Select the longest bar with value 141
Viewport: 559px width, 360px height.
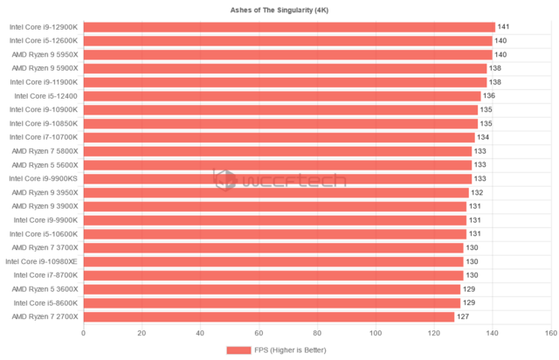coord(289,27)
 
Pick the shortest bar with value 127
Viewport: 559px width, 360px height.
coord(269,316)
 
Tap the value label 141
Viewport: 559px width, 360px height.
coord(502,27)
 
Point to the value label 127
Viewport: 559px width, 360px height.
coord(463,316)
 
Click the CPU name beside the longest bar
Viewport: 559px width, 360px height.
coord(44,27)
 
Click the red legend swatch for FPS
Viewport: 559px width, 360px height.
coord(238,350)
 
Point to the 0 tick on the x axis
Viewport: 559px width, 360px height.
coord(83,333)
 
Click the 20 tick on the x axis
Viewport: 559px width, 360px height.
coord(141,333)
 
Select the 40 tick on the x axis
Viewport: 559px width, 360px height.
coord(200,333)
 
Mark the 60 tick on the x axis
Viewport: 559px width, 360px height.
coord(259,333)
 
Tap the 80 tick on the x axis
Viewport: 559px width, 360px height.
coord(317,333)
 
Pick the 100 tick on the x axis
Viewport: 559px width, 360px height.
coord(376,333)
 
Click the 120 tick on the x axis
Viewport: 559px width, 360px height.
coord(434,333)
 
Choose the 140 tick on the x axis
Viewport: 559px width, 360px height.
coord(493,333)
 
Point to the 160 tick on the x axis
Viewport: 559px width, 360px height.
coord(550,333)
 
